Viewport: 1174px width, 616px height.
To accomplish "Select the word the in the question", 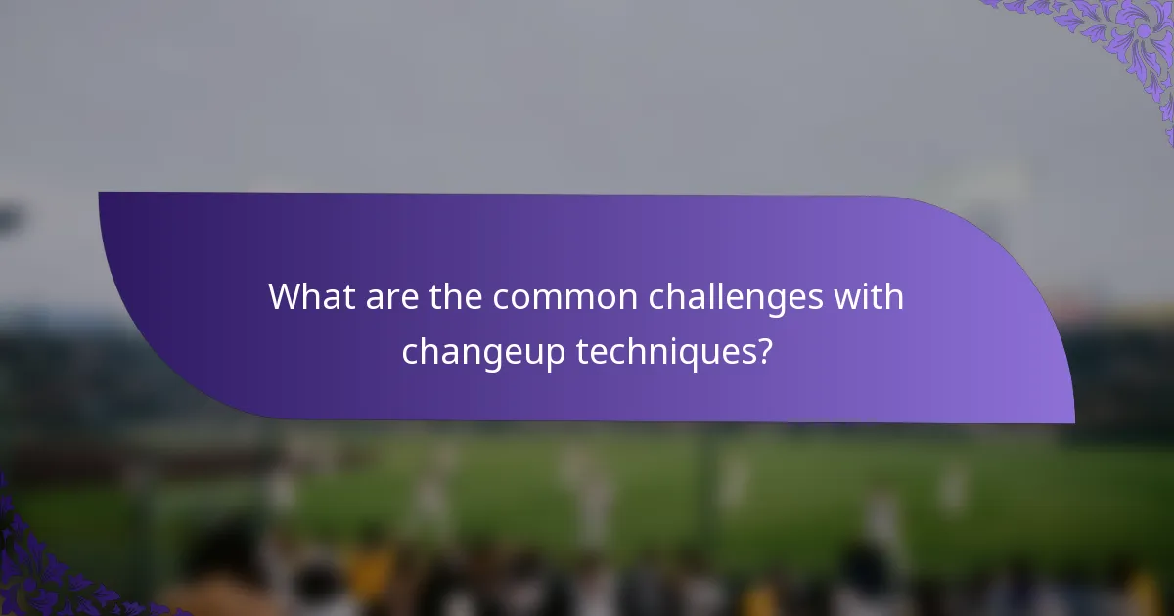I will pos(456,296).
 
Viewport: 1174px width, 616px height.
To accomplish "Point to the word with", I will pos(870,296).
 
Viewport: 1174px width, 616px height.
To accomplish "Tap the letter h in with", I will pos(893,296).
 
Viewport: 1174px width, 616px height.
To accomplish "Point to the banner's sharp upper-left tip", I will pos(101,194).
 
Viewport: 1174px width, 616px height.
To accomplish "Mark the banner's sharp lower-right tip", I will pos(1072,421).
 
